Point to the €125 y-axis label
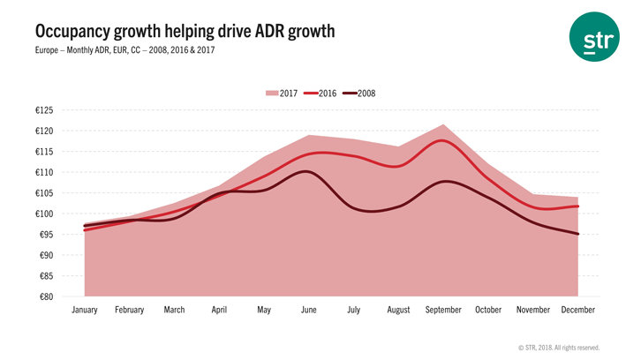[x=43, y=110]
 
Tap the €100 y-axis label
[x=43, y=214]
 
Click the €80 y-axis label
[x=46, y=296]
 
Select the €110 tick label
[x=43, y=172]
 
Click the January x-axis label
[x=85, y=311]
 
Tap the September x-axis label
[x=443, y=311]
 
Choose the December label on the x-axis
[x=577, y=311]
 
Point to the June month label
[x=308, y=311]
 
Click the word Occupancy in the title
[x=75, y=32]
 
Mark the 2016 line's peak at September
[x=443, y=141]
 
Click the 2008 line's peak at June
[x=306, y=171]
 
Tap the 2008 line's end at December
[x=577, y=234]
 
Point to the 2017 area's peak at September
[x=443, y=124]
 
